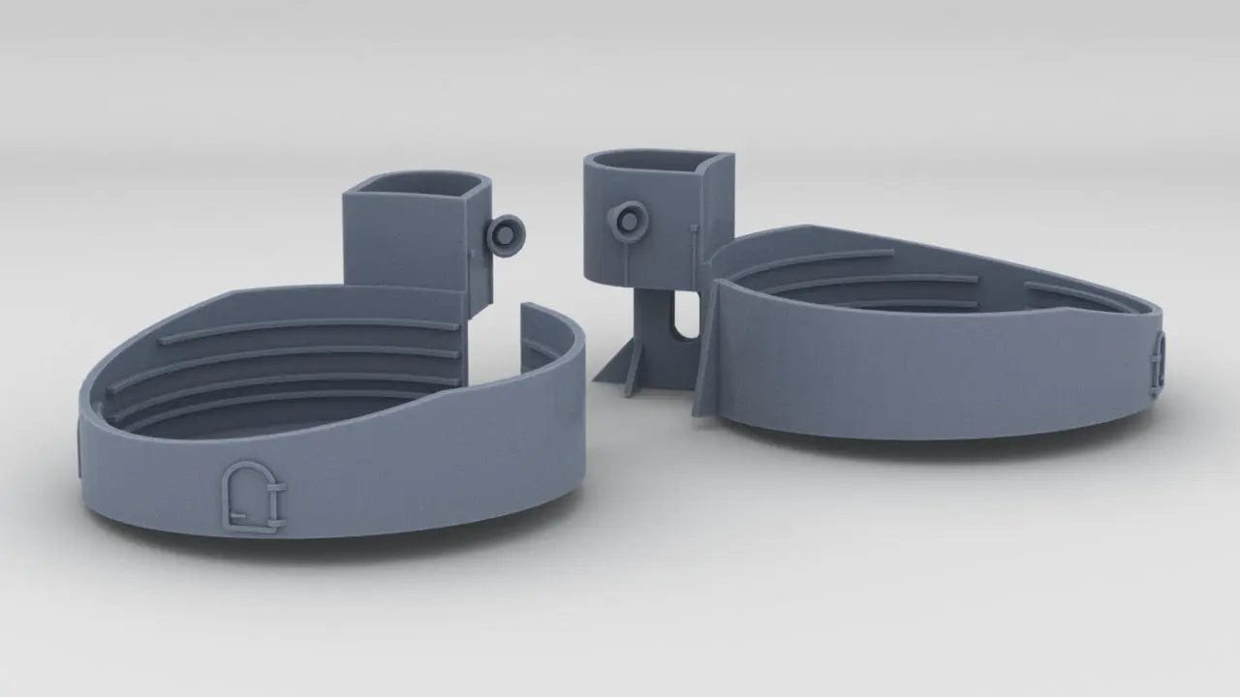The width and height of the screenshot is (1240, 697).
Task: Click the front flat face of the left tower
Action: pyautogui.click(x=407, y=242)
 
